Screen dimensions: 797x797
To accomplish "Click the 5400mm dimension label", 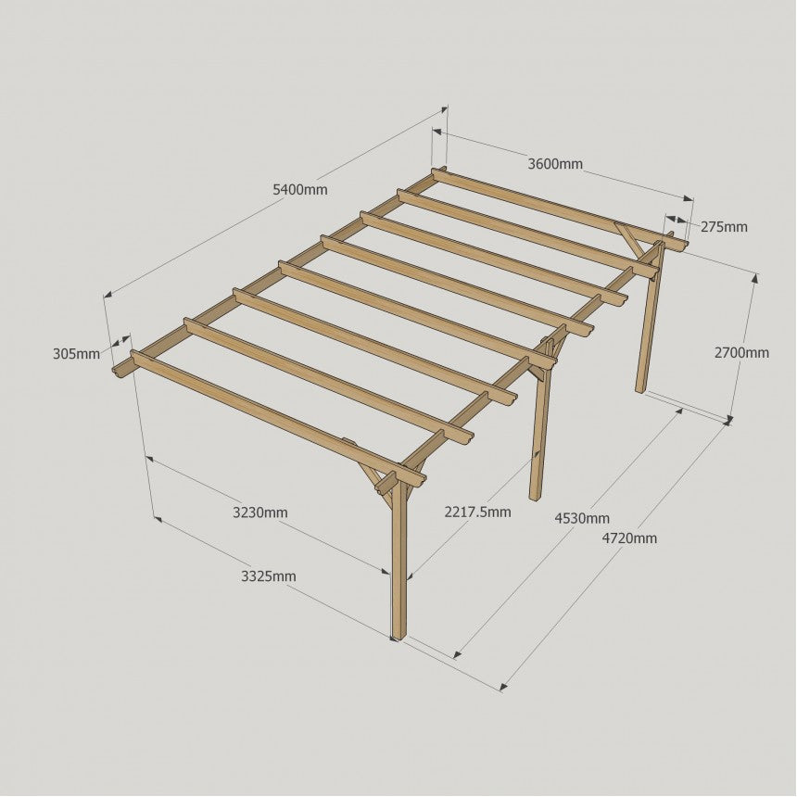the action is (300, 190).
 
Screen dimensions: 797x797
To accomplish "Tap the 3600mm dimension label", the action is (555, 164).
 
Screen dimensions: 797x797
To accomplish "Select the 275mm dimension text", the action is (724, 227).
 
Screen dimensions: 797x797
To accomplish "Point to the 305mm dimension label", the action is (76, 354).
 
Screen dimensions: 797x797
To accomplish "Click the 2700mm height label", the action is (741, 353).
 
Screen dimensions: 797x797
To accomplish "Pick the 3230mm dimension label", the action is (260, 512).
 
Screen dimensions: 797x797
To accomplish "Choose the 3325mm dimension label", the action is (269, 576).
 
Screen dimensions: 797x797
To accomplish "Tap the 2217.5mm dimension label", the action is (478, 512).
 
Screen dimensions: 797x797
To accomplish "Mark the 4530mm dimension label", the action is (582, 518).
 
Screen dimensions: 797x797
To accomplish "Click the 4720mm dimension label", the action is (629, 538).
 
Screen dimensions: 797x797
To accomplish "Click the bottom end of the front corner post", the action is (398, 638).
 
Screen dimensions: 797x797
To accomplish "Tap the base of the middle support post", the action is (536, 497).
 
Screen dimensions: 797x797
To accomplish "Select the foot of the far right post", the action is (640, 389).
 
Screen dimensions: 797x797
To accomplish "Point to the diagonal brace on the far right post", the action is (626, 237).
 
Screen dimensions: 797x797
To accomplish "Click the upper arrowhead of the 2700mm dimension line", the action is (754, 278).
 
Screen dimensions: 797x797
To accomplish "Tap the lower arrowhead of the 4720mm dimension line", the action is (503, 688).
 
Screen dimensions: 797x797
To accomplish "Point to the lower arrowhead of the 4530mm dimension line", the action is (457, 654).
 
